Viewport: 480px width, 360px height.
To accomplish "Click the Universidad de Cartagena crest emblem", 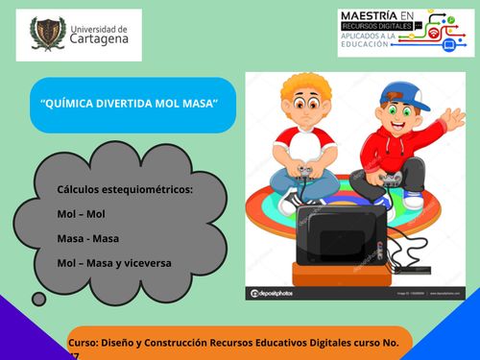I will (x=47, y=34).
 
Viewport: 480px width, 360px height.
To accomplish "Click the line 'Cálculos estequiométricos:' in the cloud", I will (x=125, y=190).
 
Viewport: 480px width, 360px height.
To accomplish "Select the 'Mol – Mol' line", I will (x=82, y=214).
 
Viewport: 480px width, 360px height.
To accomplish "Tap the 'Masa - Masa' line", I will (x=88, y=237).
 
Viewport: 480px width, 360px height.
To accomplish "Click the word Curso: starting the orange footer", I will (x=84, y=342).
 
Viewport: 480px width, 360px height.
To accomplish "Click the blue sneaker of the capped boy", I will (x=414, y=199).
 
